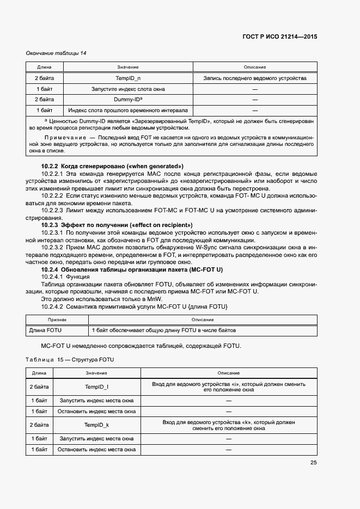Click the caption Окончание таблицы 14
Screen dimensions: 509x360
tap(56, 53)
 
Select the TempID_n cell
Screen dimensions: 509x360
tap(127, 78)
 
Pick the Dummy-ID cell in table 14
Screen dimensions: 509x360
tap(127, 100)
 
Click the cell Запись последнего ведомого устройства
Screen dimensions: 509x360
tap(255, 78)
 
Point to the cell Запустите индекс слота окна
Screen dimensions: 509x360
tap(127, 89)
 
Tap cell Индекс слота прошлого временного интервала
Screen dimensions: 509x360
tap(127, 111)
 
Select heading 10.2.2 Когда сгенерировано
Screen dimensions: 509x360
tap(112, 165)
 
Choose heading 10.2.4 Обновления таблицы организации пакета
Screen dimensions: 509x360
tap(132, 270)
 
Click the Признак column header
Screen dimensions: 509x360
tap(57, 320)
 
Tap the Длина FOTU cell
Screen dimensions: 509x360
tap(46, 330)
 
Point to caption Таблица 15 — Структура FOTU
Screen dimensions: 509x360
tap(71, 360)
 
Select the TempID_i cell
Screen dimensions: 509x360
tap(96, 387)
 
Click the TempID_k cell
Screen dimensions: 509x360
tap(96, 425)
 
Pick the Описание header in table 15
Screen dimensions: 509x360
tap(229, 373)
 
